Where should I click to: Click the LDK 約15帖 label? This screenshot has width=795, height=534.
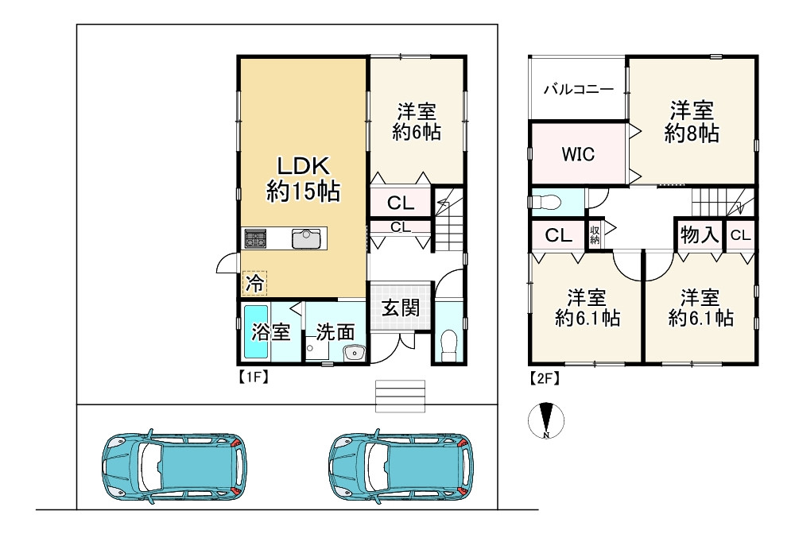point(303,179)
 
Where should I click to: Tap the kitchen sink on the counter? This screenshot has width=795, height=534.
point(307,238)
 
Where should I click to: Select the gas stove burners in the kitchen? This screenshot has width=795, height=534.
point(255,238)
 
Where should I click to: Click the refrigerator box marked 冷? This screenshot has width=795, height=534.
point(254,283)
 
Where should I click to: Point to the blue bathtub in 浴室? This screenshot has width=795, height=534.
point(254,331)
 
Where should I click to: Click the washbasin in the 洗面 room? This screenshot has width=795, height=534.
point(354,352)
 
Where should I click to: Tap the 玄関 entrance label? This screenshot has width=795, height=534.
point(401,307)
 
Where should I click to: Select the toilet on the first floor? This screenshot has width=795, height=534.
point(448,346)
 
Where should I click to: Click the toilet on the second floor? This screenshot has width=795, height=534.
point(546,202)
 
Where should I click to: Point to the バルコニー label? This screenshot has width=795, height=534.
point(579,90)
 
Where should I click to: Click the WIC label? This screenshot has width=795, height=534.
point(578,153)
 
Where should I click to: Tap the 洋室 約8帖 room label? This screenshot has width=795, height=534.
point(692,122)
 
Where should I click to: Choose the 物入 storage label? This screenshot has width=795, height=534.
point(700,234)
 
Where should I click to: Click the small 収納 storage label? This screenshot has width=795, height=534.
point(594,234)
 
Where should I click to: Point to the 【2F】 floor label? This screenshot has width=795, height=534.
point(544,377)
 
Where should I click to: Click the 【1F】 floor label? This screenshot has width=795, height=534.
point(253,377)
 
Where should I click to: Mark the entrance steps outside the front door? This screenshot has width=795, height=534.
point(400,396)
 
